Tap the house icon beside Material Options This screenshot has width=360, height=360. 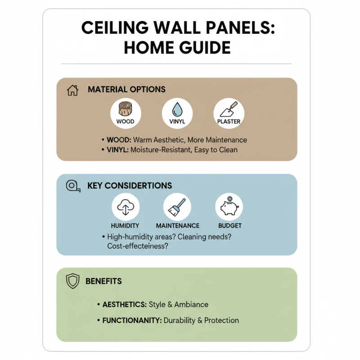(72, 90)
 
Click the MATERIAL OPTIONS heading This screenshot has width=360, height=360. (126, 90)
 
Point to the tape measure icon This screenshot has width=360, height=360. (72, 185)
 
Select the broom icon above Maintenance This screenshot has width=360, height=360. (177, 207)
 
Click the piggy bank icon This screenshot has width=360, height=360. (229, 207)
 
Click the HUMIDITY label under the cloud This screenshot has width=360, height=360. (125, 225)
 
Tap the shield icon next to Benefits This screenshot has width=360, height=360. (72, 281)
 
